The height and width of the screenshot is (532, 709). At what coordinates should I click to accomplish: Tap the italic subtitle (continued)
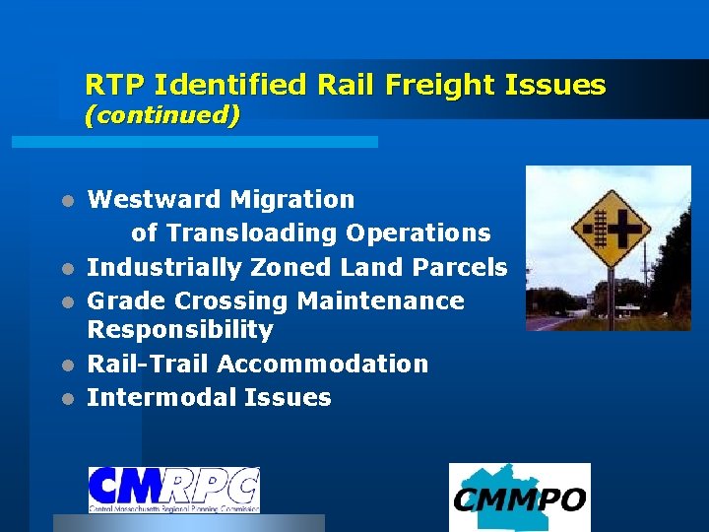coord(162,116)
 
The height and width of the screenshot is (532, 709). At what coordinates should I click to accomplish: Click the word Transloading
coord(251,233)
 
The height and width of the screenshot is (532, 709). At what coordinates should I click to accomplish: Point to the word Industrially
coord(164,268)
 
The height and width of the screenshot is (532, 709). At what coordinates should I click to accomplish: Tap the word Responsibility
coord(180,330)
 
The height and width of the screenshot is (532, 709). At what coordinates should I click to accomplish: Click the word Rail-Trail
coord(148,365)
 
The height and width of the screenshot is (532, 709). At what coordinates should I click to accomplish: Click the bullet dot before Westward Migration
coord(66,201)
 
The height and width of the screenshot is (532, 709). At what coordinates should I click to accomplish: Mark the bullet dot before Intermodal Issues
coord(66,399)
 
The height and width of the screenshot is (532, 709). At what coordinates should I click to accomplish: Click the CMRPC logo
coord(174,490)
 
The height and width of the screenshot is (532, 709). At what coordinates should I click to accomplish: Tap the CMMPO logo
coord(519,498)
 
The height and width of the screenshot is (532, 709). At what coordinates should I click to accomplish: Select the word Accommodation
coord(323,365)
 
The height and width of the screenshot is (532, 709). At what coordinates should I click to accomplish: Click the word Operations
coord(418,233)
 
